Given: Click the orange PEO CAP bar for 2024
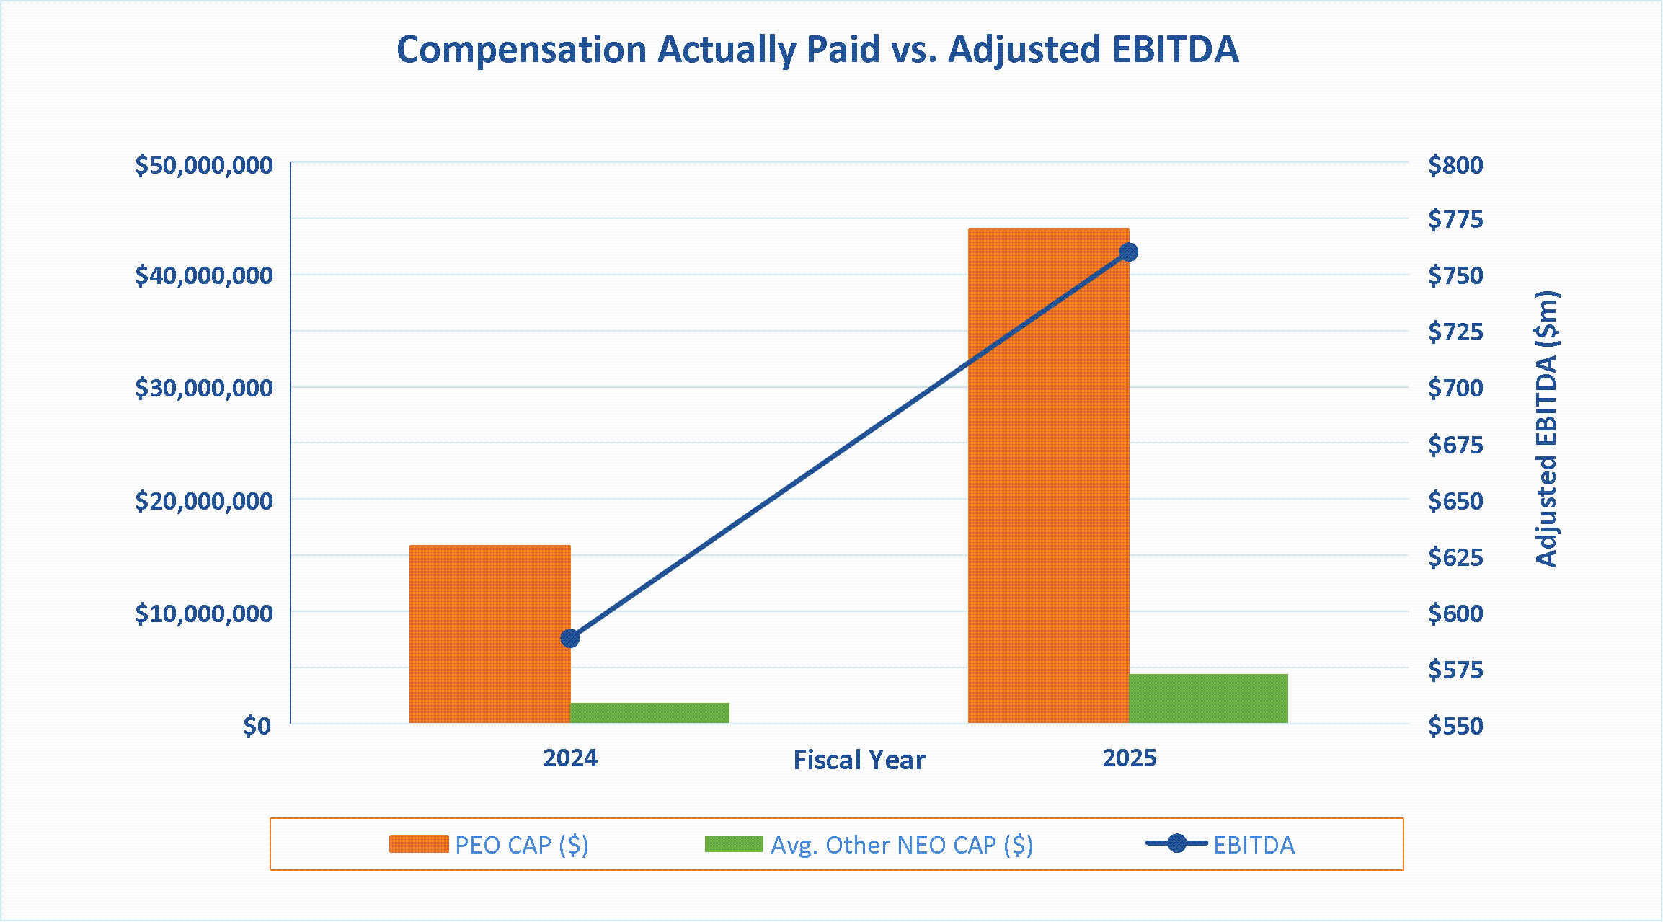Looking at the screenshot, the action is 490,634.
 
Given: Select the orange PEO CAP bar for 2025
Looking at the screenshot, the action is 1049,475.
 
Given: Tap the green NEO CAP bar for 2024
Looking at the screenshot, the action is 650,713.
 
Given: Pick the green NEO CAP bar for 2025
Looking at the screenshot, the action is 1209,699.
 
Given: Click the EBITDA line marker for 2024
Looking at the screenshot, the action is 570,638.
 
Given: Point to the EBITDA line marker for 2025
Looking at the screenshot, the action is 1129,252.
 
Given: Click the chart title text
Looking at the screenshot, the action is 817,50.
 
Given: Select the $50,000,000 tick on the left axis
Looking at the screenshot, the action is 204,165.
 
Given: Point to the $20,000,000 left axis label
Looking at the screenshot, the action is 204,500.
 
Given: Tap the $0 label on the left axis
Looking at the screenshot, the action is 257,725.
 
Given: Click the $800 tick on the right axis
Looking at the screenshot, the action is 1455,165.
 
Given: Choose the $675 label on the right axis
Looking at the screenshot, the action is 1455,445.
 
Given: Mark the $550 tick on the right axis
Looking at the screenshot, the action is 1455,725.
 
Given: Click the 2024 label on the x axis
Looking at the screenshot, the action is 570,758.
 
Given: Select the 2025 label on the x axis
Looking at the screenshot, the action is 1130,758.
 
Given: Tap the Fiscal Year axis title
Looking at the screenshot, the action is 859,760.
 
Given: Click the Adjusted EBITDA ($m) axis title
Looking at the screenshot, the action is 1546,429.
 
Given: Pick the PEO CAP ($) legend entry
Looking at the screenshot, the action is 489,845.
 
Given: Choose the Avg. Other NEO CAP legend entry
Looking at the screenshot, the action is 869,845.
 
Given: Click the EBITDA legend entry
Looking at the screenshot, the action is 1220,844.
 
